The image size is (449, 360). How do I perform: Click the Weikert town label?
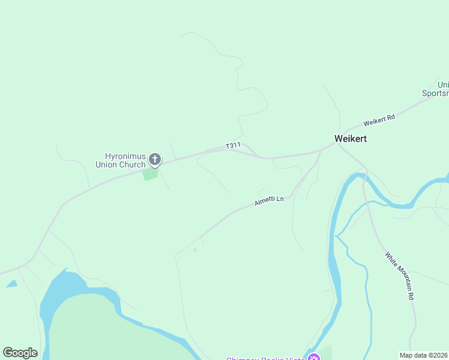click(x=350, y=139)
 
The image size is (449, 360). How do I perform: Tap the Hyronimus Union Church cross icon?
click(x=154, y=160)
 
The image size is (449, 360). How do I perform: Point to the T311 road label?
click(x=233, y=146)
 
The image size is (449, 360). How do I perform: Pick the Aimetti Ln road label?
click(x=268, y=200)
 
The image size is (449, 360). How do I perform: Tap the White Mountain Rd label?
click(x=400, y=276)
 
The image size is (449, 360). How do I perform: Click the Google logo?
click(x=20, y=353)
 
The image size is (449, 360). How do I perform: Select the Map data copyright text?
click(x=424, y=355)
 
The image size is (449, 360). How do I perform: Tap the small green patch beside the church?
click(x=149, y=174)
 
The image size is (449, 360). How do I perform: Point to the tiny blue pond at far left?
click(x=11, y=284)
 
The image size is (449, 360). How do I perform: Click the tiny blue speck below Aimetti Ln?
click(x=194, y=250)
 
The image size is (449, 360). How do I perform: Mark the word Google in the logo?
click(x=20, y=353)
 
